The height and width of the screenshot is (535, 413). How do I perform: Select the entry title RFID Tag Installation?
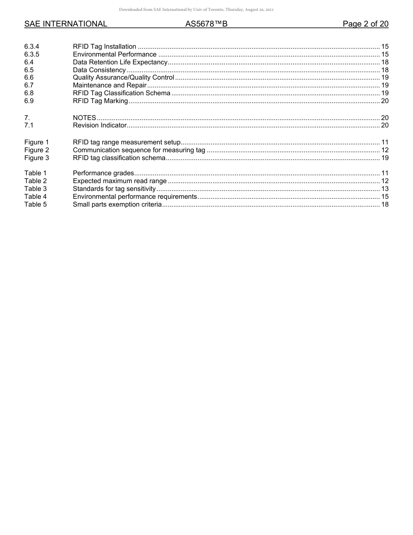click(104, 47)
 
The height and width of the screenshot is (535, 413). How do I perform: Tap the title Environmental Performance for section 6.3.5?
click(114, 54)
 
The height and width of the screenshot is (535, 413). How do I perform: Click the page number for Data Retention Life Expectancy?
click(385, 62)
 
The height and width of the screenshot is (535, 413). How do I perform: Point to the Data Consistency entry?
click(99, 70)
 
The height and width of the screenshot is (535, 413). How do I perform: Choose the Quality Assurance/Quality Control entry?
click(123, 77)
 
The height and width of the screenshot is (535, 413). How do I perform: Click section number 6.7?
click(29, 85)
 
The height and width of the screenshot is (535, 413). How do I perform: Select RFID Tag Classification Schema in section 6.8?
click(121, 93)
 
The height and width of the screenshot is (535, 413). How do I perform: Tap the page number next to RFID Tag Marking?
click(385, 101)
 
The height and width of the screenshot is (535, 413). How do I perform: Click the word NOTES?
click(84, 118)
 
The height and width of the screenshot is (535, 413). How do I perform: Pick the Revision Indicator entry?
click(100, 125)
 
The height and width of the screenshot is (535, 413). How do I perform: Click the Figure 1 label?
click(37, 142)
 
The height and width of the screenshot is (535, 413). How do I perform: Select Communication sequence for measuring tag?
click(139, 150)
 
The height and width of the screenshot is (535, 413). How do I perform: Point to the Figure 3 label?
click(37, 158)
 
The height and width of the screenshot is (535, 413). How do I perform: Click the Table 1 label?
click(35, 173)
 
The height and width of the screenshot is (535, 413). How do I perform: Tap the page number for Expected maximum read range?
click(385, 181)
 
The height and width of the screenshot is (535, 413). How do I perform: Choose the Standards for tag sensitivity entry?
click(114, 189)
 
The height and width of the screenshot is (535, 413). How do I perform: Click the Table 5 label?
click(35, 204)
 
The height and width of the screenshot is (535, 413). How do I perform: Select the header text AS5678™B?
click(206, 24)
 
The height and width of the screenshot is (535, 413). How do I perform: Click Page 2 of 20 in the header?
click(365, 24)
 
